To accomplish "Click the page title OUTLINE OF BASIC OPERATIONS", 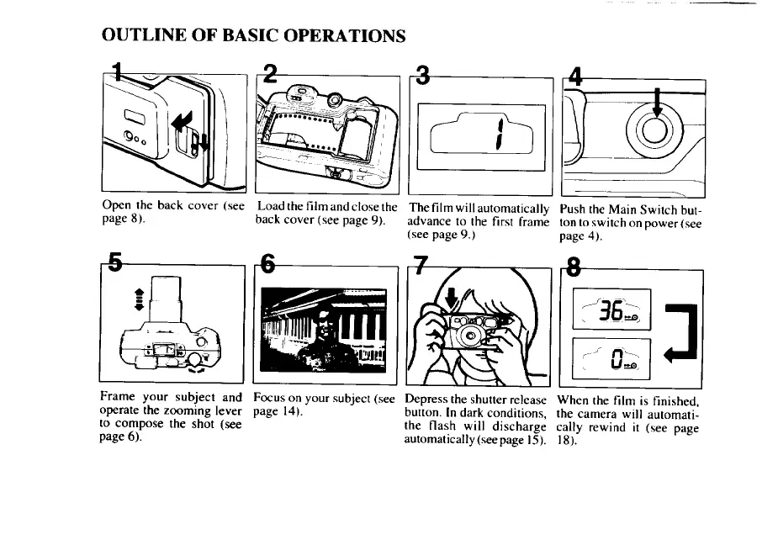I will coord(252,36).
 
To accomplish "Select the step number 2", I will coord(268,75).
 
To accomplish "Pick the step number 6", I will coord(267,265).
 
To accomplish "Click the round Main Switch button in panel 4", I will coord(655,129).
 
